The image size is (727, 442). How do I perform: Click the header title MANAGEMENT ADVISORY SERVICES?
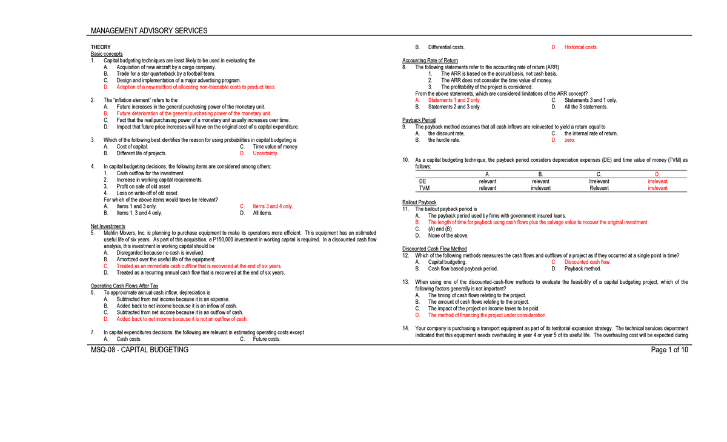[148, 30]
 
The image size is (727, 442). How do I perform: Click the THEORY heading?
[101, 47]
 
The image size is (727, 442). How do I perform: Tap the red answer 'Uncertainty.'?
[265, 153]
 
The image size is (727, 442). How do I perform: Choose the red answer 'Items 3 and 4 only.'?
[273, 206]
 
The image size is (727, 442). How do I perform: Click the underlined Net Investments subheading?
[108, 226]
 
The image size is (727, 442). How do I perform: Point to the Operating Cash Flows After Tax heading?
[124, 286]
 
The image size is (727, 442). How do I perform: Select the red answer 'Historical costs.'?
[581, 47]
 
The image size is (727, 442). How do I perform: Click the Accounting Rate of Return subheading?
[430, 61]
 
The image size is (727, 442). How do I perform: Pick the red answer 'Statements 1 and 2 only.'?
[454, 100]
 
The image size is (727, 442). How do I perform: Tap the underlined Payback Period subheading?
[419, 120]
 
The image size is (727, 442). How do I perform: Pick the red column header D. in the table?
[657, 175]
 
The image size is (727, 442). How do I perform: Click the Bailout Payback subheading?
[419, 202]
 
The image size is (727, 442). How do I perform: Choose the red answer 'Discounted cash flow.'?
[588, 262]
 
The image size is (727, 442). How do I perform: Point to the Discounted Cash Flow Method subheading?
[434, 249]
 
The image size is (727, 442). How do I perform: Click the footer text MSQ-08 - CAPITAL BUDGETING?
[139, 350]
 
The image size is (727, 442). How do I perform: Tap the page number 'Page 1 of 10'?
[669, 350]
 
